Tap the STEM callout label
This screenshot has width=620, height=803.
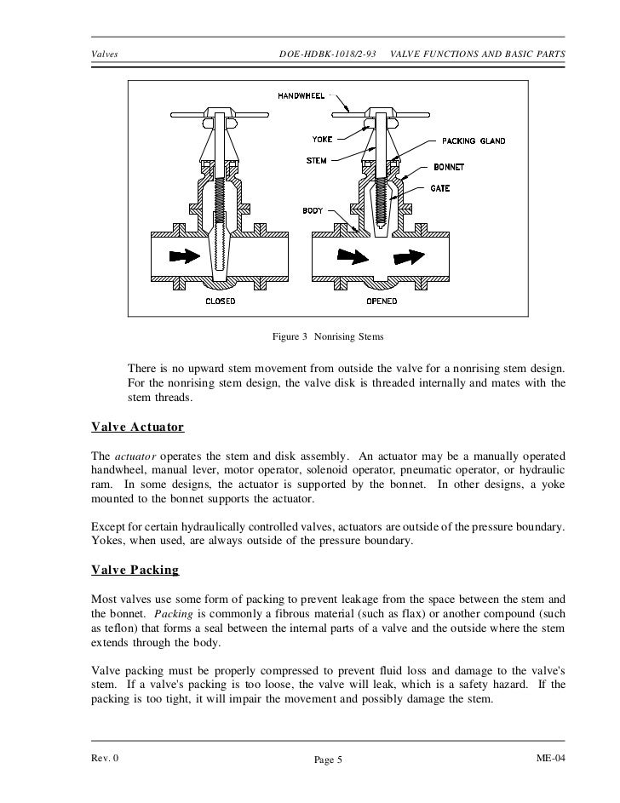click(x=317, y=160)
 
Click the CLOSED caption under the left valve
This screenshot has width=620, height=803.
click(x=221, y=301)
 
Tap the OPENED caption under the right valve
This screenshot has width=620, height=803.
click(x=384, y=301)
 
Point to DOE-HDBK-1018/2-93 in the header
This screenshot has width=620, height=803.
click(x=328, y=55)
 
